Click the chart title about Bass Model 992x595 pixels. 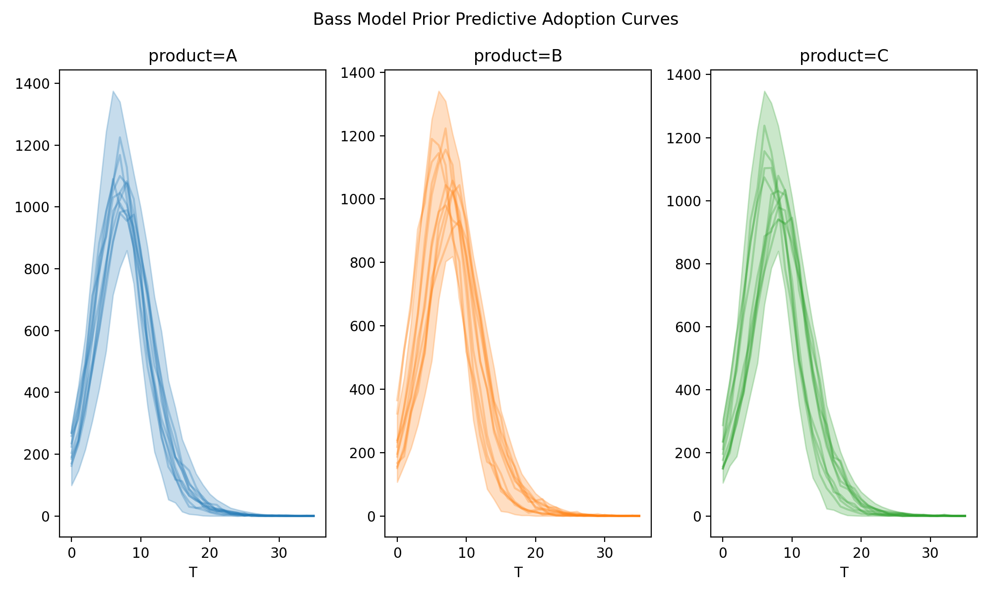pos(496,19)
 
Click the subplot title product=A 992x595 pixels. pos(192,57)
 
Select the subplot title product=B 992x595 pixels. pos(518,57)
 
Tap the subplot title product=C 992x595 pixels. pos(844,57)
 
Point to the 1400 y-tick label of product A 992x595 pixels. pos(32,84)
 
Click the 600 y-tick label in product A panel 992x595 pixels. pos(37,331)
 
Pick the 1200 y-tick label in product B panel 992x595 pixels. pos(358,136)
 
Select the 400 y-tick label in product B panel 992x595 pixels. pos(363,389)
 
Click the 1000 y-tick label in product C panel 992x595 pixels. pos(683,201)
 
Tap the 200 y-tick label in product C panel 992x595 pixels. pos(688,453)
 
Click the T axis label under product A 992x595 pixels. pos(192,573)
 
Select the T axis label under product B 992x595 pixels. pos(518,573)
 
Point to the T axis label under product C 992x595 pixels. pos(844,573)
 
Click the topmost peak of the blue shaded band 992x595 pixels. pos(113,92)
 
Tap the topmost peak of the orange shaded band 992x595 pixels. pos(439,92)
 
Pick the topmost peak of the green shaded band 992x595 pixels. pos(764,92)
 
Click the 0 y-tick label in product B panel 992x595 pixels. pos(372,516)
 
